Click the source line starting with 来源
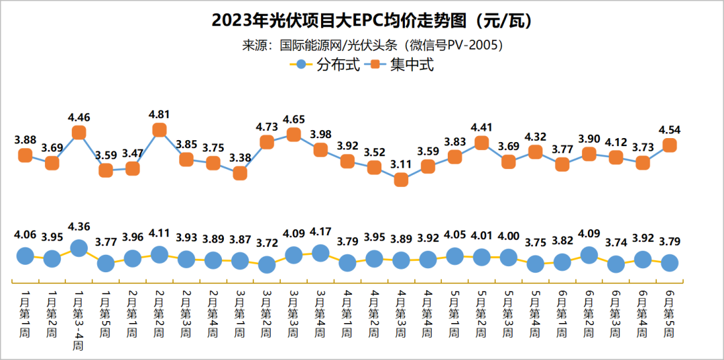pos(373,46)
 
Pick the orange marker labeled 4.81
pos(160,130)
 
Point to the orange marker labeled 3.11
pos(401,180)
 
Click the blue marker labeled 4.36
pos(78,247)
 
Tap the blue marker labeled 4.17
pos(320,253)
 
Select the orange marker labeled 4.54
pos(670,145)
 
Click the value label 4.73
pos(267,127)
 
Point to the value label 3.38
pos(240,158)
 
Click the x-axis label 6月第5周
pos(670,312)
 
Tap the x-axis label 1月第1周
pos(25,312)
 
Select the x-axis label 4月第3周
pos(401,312)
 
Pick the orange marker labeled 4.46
pos(78,133)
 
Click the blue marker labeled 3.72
pos(267,264)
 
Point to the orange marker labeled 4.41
pos(481,142)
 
